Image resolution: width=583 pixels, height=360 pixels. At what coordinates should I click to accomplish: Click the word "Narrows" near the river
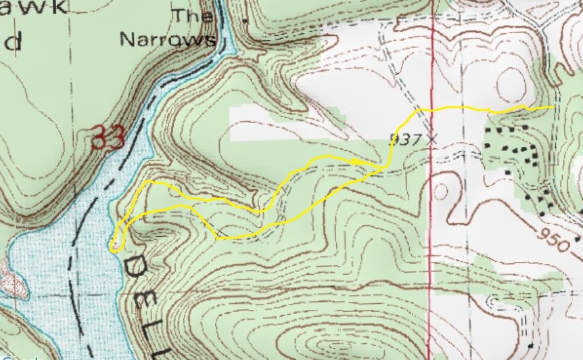[168, 39]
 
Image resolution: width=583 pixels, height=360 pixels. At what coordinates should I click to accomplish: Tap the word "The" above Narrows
[192, 15]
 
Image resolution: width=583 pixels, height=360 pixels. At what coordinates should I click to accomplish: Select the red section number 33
[108, 138]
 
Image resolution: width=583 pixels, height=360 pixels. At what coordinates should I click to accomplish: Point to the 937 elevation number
[404, 139]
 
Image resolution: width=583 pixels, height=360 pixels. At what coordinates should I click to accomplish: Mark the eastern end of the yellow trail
[554, 107]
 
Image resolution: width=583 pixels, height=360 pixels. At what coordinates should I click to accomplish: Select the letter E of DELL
[146, 304]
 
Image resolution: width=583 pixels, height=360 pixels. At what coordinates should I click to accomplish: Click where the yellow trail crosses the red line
[432, 108]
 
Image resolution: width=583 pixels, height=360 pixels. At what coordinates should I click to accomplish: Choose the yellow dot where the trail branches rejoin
[355, 162]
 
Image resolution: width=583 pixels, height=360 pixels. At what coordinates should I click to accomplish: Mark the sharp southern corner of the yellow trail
[217, 238]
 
